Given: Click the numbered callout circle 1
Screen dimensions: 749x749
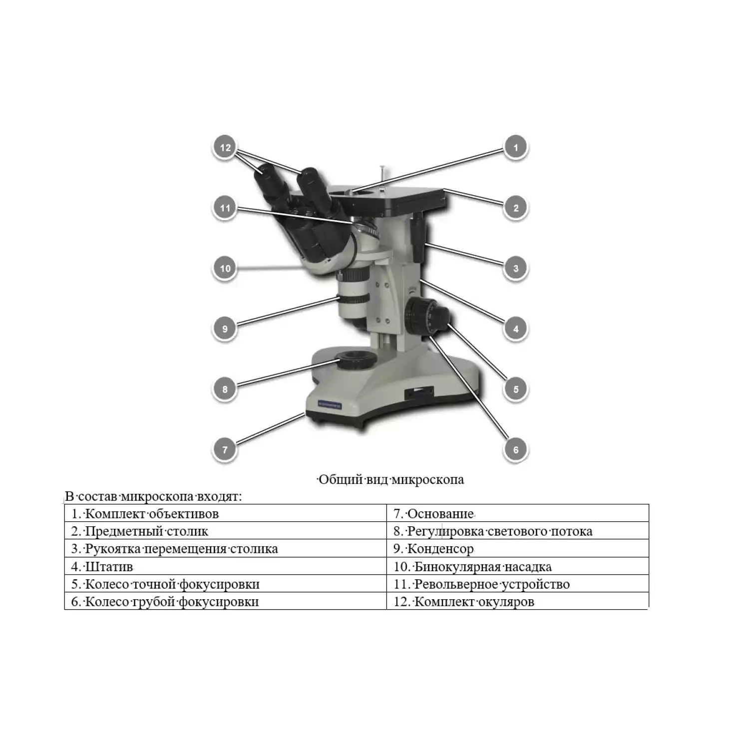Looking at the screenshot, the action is point(516,147).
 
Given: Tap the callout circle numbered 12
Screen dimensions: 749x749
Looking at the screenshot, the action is point(225,147).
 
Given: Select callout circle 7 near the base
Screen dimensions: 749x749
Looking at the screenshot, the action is point(225,449).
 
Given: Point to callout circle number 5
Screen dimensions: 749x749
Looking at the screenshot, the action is point(516,389).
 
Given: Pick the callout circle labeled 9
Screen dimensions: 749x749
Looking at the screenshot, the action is point(225,329).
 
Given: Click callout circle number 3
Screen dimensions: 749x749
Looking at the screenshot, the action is point(516,268).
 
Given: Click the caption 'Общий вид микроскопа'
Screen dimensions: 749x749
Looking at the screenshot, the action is point(391,480).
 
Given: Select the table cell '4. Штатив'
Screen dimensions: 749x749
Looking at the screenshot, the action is point(226,566).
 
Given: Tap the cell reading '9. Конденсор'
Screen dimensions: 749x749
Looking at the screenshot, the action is point(518,549).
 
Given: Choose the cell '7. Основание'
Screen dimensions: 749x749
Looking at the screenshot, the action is point(518,513).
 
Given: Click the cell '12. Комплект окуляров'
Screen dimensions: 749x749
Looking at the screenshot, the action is point(518,601).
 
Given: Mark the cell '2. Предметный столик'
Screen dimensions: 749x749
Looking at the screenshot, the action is point(226,531).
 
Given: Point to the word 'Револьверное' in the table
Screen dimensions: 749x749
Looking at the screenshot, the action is point(456,584).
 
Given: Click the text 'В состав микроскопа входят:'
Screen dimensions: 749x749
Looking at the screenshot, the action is point(153,496).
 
